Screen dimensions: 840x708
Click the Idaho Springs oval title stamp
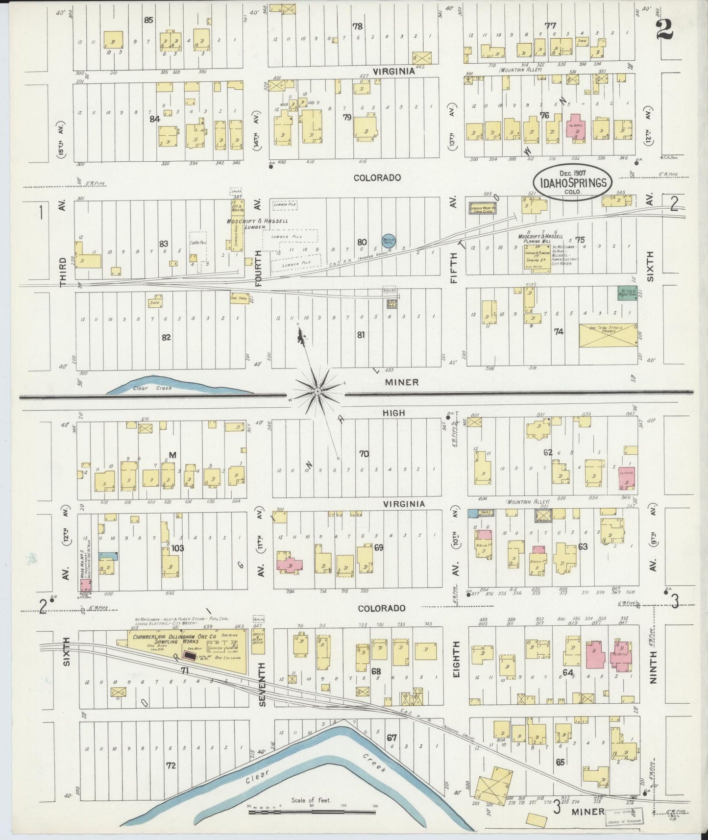(572, 183)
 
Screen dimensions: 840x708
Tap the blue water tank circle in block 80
(389, 240)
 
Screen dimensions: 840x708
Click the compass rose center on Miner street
(317, 392)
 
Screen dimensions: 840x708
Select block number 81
(361, 335)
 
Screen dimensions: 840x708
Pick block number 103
(177, 548)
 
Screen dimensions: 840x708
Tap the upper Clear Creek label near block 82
(140, 388)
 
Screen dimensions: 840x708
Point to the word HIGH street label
(394, 413)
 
